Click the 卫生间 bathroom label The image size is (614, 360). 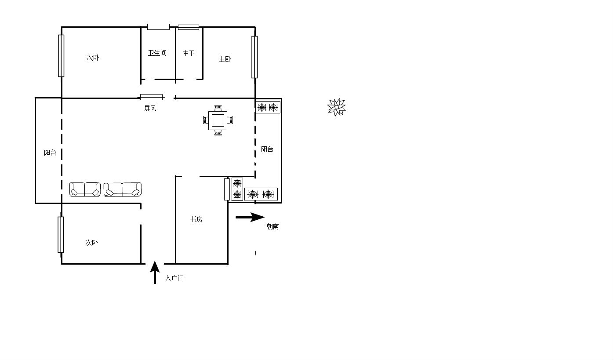(157, 53)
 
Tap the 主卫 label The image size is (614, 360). (189, 54)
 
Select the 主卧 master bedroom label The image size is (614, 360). (225, 59)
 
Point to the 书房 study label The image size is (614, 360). (196, 219)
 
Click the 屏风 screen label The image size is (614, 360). (150, 108)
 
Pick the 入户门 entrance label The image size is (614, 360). (174, 279)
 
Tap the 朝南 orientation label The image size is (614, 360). (273, 226)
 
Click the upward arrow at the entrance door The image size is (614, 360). (155, 272)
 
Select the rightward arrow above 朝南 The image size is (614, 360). (250, 217)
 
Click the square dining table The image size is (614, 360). (218, 120)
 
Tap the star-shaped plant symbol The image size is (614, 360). (337, 107)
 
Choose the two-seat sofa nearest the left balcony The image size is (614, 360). (85, 189)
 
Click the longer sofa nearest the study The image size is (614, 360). (123, 189)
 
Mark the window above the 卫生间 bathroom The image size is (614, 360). (158, 27)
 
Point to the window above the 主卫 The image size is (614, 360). (189, 27)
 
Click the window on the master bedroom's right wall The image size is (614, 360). (254, 57)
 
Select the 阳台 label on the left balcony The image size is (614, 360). (50, 153)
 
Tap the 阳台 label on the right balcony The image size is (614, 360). (267, 149)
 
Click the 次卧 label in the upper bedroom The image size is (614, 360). (93, 58)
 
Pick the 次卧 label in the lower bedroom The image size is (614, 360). (91, 243)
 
